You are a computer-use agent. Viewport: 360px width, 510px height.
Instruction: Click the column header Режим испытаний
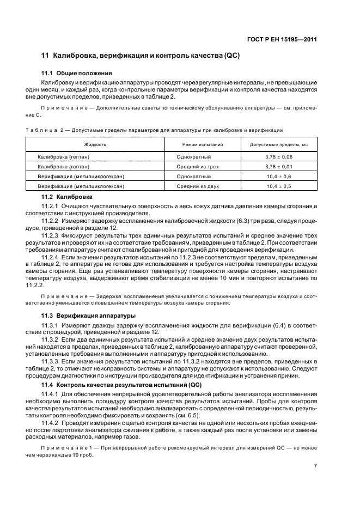(x=202, y=144)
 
